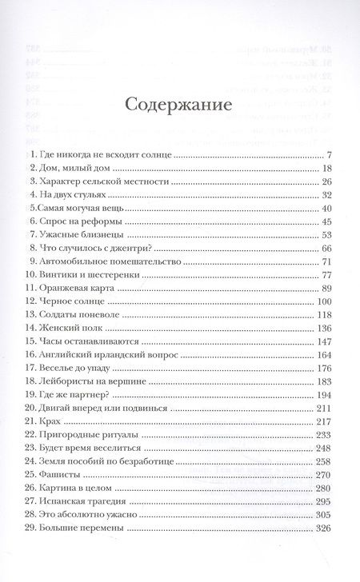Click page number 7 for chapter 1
pyautogui.click(x=328, y=154)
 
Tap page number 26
pyautogui.click(x=325, y=182)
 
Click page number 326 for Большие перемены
pyautogui.click(x=323, y=529)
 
